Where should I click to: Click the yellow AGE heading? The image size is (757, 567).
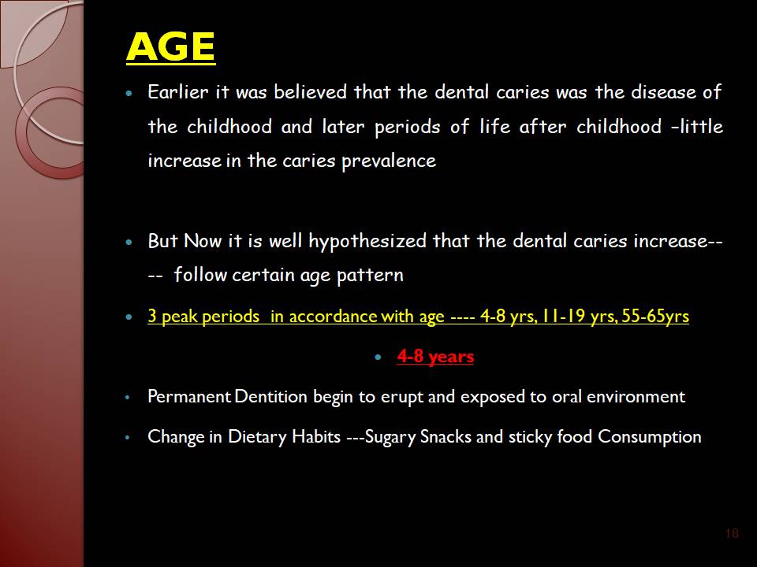[170, 46]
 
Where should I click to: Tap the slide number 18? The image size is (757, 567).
[732, 533]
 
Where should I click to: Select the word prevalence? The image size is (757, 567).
[389, 161]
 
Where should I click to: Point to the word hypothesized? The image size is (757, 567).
[367, 242]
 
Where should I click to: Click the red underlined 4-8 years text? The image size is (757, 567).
[435, 356]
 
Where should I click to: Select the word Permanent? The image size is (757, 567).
[189, 396]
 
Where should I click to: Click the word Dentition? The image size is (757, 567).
[270, 396]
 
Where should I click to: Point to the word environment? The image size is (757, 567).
[636, 396]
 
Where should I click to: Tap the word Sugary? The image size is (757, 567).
[390, 437]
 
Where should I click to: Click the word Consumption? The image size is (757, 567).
[649, 437]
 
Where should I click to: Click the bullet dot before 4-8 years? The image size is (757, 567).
[378, 358]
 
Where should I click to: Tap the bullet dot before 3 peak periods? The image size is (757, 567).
[129, 317]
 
